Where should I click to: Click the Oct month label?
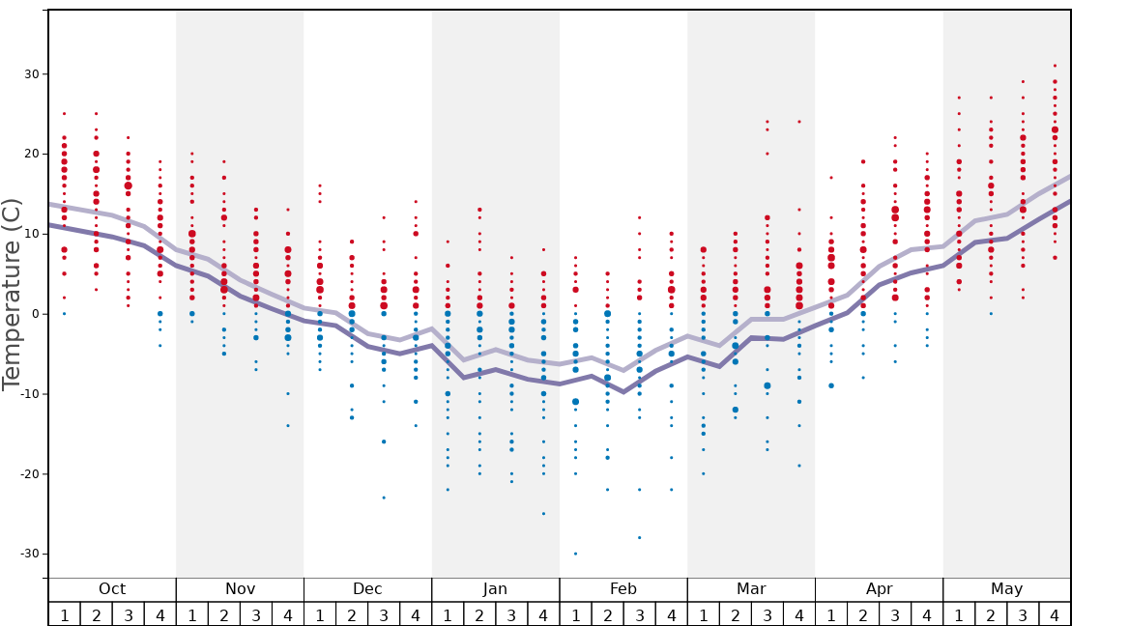coord(112,589)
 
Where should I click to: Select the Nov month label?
coord(240,589)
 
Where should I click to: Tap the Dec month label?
coord(367,589)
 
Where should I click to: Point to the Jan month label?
coord(495,589)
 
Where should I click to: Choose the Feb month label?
coord(623,589)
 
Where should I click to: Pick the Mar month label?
coord(751,589)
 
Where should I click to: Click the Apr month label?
coord(879,589)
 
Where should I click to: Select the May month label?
coord(1006,589)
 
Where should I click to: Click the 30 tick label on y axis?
coord(30,74)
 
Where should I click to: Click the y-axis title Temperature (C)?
coord(12,294)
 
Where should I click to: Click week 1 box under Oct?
coord(65,614)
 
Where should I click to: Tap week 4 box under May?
coord(1055,614)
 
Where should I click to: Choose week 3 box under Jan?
coord(511,614)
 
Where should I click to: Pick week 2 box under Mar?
coord(736,614)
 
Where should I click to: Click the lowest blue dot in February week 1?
coord(576,554)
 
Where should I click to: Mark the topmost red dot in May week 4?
coord(1055,66)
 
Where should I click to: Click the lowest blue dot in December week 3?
coord(384,498)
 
